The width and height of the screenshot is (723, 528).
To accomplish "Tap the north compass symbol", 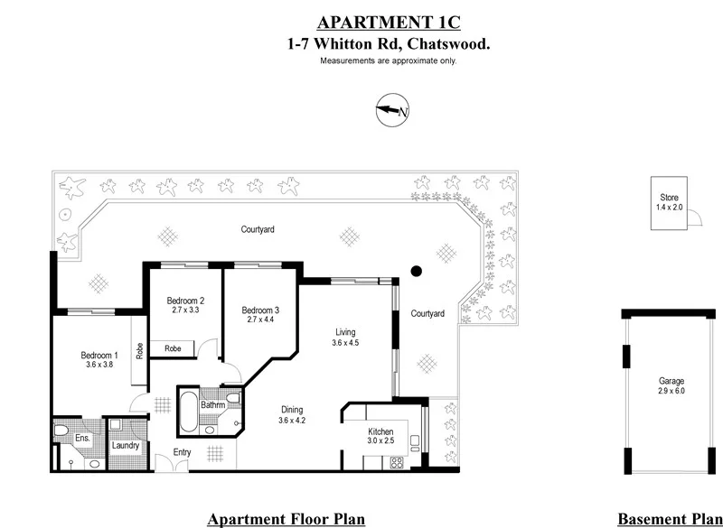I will coord(392,112).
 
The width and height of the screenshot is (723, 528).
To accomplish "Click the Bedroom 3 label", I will coord(260,310).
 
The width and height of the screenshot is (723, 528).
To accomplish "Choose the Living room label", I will coord(345,331).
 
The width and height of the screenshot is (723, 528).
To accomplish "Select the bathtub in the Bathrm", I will coord(190,411).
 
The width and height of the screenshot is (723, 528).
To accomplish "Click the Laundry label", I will coord(124,445).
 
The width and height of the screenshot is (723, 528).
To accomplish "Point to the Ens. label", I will coord(80,439).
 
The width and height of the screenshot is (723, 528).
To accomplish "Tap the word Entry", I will coord(183,453).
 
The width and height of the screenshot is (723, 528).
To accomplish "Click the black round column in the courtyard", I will coord(417,270).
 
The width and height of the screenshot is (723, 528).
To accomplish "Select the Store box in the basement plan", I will coord(669,203).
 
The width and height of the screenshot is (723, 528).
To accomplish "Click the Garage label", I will coord(671,381).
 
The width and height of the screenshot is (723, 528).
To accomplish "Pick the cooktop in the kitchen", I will coord(395,462).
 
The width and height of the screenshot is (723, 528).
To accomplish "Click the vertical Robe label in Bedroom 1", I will coord(139,349).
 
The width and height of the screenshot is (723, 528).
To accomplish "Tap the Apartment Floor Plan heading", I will coord(286,519).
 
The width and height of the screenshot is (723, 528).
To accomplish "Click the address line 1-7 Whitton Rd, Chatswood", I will coord(388,43).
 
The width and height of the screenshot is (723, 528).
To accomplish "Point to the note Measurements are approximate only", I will coord(388,60).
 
